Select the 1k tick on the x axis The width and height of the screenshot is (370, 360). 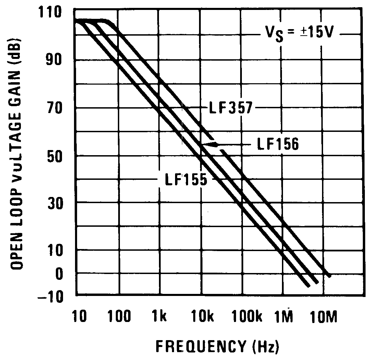pos(159,317)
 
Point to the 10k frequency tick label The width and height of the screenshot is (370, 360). pos(201,317)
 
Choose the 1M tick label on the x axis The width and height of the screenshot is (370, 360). pos(284,317)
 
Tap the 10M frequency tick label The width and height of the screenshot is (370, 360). pos(324,317)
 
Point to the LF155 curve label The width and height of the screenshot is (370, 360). pos(186,179)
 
